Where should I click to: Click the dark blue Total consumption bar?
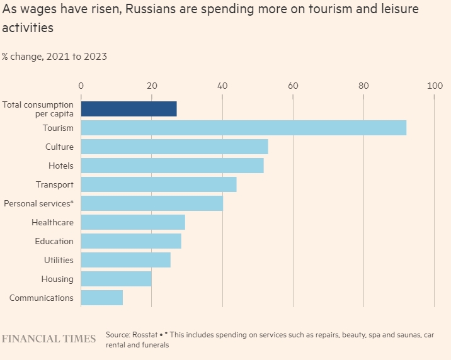(x=128, y=109)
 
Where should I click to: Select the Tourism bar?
(x=243, y=128)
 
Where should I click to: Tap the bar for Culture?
(x=174, y=147)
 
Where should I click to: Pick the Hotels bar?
(x=172, y=166)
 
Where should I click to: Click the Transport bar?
(x=158, y=184)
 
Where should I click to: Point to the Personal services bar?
(x=152, y=203)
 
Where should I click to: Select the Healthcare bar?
(x=133, y=222)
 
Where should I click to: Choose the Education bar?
(x=131, y=241)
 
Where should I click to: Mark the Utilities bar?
(x=125, y=260)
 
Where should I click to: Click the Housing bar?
(x=116, y=279)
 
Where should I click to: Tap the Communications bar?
(x=101, y=298)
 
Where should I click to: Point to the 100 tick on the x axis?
(x=434, y=86)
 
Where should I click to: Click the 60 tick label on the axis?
(x=293, y=86)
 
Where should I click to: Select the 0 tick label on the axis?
(x=81, y=86)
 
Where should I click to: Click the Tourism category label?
(x=58, y=128)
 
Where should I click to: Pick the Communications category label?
(x=42, y=298)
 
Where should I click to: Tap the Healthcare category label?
(x=52, y=222)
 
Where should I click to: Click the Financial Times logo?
(x=49, y=339)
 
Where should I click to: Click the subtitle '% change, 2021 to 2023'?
(x=54, y=56)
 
